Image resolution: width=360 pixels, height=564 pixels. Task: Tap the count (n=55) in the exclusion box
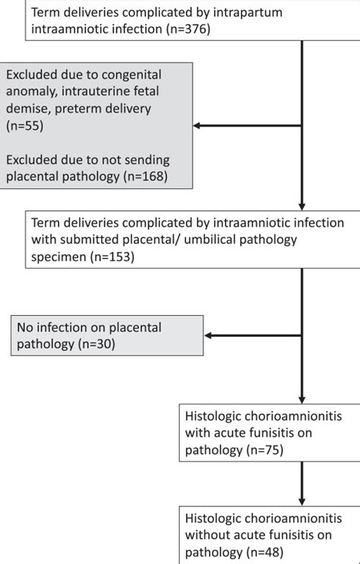click(x=27, y=126)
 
